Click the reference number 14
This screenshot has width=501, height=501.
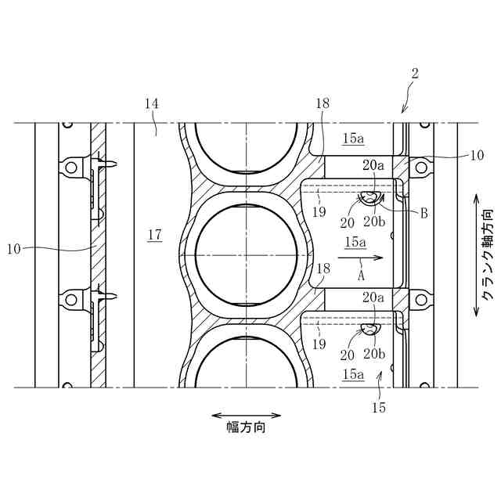[x=151, y=103]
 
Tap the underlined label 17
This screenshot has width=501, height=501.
[x=155, y=235]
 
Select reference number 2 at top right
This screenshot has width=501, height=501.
[x=414, y=74]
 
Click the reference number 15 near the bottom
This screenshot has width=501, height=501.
[x=379, y=408]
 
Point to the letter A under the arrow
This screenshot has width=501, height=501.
[x=361, y=275]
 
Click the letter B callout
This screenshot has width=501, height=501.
[x=424, y=213]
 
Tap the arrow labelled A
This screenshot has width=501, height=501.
[x=360, y=258]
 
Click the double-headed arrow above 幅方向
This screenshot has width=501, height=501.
[x=246, y=416]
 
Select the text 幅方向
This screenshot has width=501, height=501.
[x=246, y=427]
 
